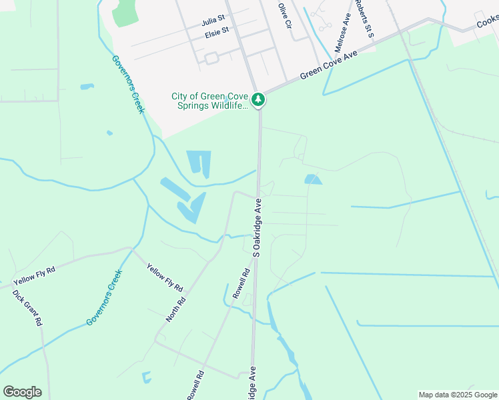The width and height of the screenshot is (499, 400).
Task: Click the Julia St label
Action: click(x=215, y=21)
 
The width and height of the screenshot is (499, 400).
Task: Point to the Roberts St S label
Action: click(x=364, y=18)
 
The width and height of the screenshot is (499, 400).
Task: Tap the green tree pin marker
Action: click(x=258, y=101)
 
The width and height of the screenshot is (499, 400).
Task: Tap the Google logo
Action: click(x=22, y=392)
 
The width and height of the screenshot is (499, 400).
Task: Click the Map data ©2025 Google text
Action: click(x=458, y=395)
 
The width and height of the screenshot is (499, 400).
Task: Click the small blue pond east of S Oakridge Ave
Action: click(x=312, y=179)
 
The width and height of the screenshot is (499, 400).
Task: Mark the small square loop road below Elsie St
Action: click(x=211, y=59)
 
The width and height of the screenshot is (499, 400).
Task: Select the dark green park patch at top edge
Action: click(x=125, y=12)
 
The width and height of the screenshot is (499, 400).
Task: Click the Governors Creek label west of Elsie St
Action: click(x=127, y=84)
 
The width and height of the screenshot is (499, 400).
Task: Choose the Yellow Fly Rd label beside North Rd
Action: click(x=165, y=277)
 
